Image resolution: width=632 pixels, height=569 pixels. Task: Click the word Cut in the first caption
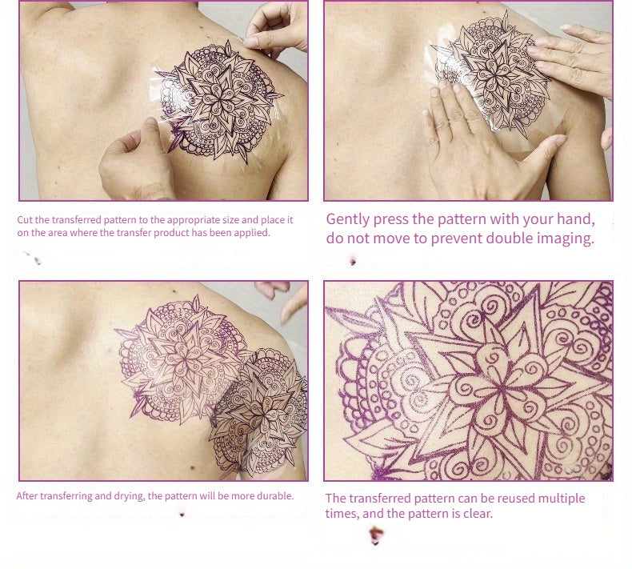click(25, 220)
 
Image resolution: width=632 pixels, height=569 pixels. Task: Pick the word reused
click(511, 499)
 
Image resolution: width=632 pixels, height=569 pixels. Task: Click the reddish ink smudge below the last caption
click(376, 535)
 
